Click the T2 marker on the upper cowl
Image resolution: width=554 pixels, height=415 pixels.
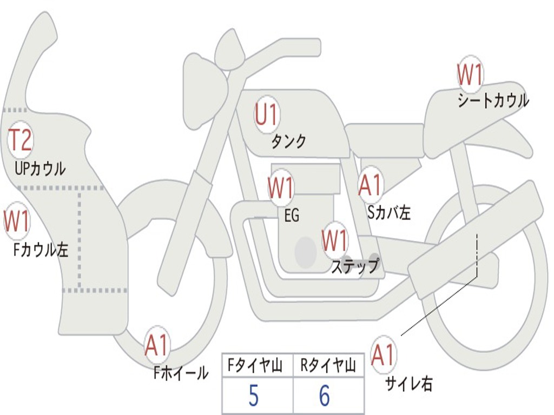[21, 140]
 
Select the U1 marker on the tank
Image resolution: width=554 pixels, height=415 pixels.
[267, 115]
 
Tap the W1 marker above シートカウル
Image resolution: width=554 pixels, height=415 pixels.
[470, 75]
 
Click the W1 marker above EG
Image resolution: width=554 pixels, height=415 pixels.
[281, 188]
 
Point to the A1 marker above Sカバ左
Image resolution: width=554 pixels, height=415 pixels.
[371, 185]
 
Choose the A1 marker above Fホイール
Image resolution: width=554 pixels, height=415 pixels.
[157, 345]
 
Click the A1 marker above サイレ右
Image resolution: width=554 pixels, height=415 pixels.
[384, 354]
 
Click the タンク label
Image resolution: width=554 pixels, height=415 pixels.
[289, 141]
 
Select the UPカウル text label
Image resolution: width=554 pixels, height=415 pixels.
[40, 169]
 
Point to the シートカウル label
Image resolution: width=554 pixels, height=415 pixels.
[493, 101]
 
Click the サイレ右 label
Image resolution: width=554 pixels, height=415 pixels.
[409, 384]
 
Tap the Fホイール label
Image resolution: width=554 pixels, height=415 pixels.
[181, 373]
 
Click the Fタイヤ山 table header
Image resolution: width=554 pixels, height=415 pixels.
[255, 365]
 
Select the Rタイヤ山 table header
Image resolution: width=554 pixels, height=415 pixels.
[328, 365]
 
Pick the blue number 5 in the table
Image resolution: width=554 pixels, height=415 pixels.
[254, 396]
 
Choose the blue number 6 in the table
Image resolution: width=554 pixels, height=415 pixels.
[325, 396]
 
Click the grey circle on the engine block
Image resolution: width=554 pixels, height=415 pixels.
[306, 252]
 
